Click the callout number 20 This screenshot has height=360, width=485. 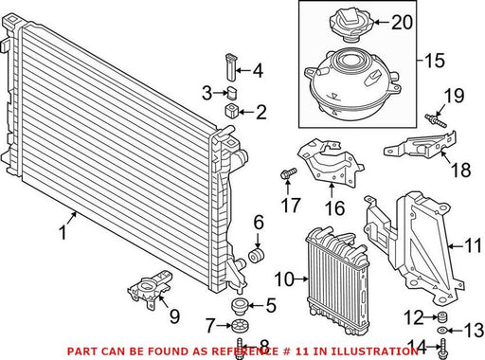pyautogui.click(x=402, y=22)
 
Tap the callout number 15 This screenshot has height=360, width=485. pyautogui.click(x=435, y=60)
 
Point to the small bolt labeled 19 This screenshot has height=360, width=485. pyautogui.click(x=437, y=121)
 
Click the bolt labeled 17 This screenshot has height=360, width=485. pyautogui.click(x=288, y=174)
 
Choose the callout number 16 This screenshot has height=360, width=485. pyautogui.click(x=334, y=207)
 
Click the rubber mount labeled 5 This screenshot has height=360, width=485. pyautogui.click(x=240, y=306)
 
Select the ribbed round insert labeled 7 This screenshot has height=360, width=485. pyautogui.click(x=240, y=326)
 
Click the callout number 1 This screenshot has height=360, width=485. pyautogui.click(x=63, y=233)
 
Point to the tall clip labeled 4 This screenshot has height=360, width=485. pyautogui.click(x=232, y=67)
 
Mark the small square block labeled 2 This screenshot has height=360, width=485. pyautogui.click(x=232, y=111)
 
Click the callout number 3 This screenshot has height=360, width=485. pyautogui.click(x=207, y=93)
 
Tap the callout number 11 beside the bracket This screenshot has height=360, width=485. pyautogui.click(x=473, y=245)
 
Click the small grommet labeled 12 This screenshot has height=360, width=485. pyautogui.click(x=442, y=316)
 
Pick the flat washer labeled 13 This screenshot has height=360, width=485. pyautogui.click(x=441, y=331)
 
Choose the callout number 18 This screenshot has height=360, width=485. pyautogui.click(x=461, y=170)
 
